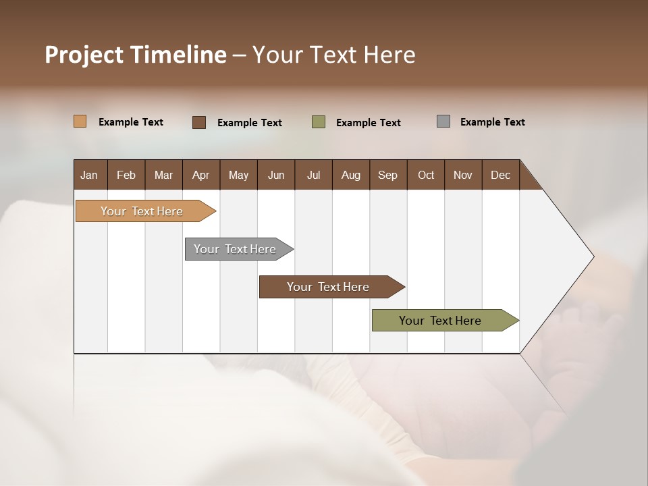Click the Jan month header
pos(90,175)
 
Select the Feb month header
pos(126,175)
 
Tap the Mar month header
pos(163,175)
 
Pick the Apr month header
pos(201,175)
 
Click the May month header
pos(238,175)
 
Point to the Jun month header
pos(276,175)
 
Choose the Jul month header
pos(313,175)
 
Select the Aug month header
pos(351,175)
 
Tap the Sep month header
pos(388,175)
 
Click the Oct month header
pos(426,175)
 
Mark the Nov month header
pos(463,175)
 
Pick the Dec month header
pos(501,175)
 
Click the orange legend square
pos(80,122)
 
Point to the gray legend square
pos(443,122)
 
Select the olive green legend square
pos(319,122)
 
